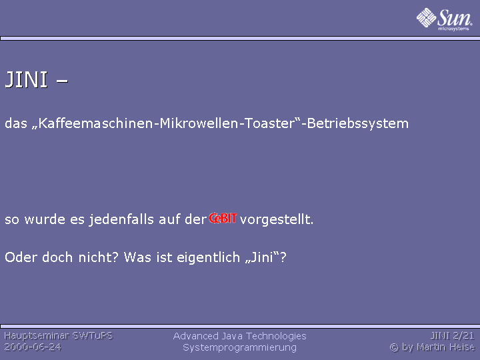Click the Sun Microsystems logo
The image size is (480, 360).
tap(444, 19)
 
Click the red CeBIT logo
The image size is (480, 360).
tap(223, 218)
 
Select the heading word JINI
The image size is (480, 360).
tap(26, 79)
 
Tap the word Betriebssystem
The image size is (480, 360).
tap(357, 123)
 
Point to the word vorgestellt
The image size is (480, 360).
tap(277, 219)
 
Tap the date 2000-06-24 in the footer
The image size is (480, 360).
tap(33, 347)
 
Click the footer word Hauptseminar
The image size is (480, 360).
tap(36, 336)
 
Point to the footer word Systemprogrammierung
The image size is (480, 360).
tap(240, 348)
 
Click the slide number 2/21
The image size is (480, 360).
tap(463, 336)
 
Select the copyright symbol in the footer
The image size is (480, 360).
tap(394, 347)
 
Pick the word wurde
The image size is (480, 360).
tap(45, 219)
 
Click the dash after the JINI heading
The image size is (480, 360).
tap(62, 81)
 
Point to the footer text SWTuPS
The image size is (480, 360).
tap(92, 336)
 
